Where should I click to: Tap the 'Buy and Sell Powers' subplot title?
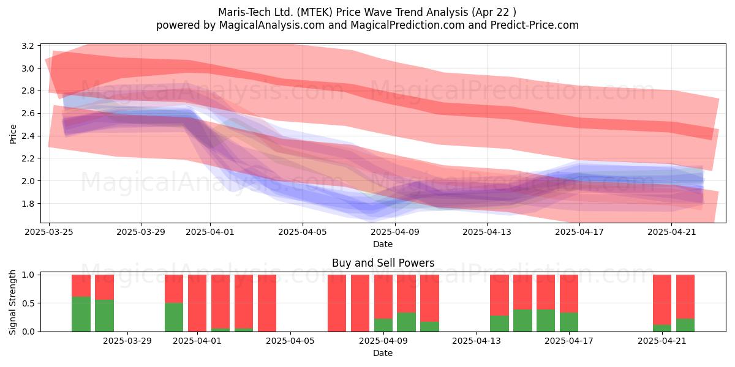pyautogui.click(x=383, y=263)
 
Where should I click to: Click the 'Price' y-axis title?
pyautogui.click(x=13, y=134)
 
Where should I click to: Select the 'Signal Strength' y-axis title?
pyautogui.click(x=12, y=302)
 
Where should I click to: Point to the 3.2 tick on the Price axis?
pyautogui.click(x=28, y=46)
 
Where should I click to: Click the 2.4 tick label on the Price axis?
pyautogui.click(x=28, y=136)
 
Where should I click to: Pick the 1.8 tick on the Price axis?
pyautogui.click(x=28, y=203)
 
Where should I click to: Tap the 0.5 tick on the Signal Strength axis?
pyautogui.click(x=28, y=303)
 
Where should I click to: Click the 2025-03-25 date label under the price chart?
pyautogui.click(x=49, y=232)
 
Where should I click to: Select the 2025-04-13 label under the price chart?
pyautogui.click(x=487, y=232)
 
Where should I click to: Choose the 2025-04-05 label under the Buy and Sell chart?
pyautogui.click(x=290, y=341)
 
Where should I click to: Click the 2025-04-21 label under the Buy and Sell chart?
pyautogui.click(x=662, y=341)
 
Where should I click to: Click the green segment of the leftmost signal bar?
pyautogui.click(x=81, y=314)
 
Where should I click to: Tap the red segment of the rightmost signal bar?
pyautogui.click(x=685, y=297)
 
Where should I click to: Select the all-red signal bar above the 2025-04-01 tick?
pyautogui.click(x=197, y=303)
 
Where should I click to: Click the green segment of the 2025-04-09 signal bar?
pyautogui.click(x=383, y=325)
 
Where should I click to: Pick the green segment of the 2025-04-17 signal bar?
pyautogui.click(x=569, y=322)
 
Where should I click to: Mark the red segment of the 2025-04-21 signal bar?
pyautogui.click(x=662, y=300)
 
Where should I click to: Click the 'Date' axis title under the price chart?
pyautogui.click(x=383, y=244)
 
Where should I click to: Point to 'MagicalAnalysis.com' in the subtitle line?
pyautogui.click(x=272, y=25)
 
